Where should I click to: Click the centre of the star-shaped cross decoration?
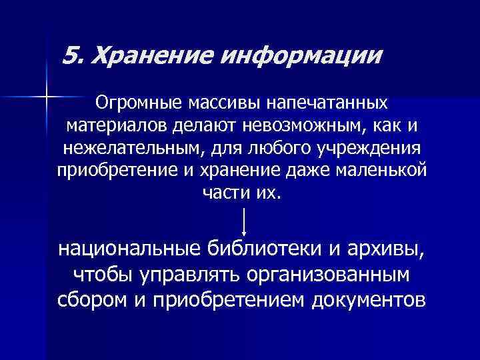coord(46,98)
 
